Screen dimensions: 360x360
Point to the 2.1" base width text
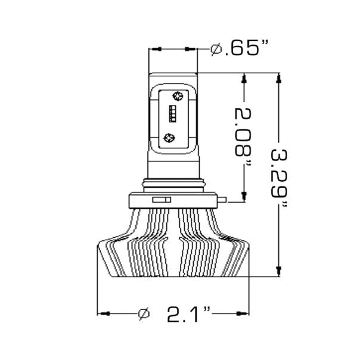[190, 314]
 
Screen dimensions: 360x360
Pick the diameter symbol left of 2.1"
[143, 314]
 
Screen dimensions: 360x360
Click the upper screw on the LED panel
[176, 95]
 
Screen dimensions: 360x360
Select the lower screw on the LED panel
[169, 138]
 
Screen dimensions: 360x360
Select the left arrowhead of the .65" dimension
[154, 49]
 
